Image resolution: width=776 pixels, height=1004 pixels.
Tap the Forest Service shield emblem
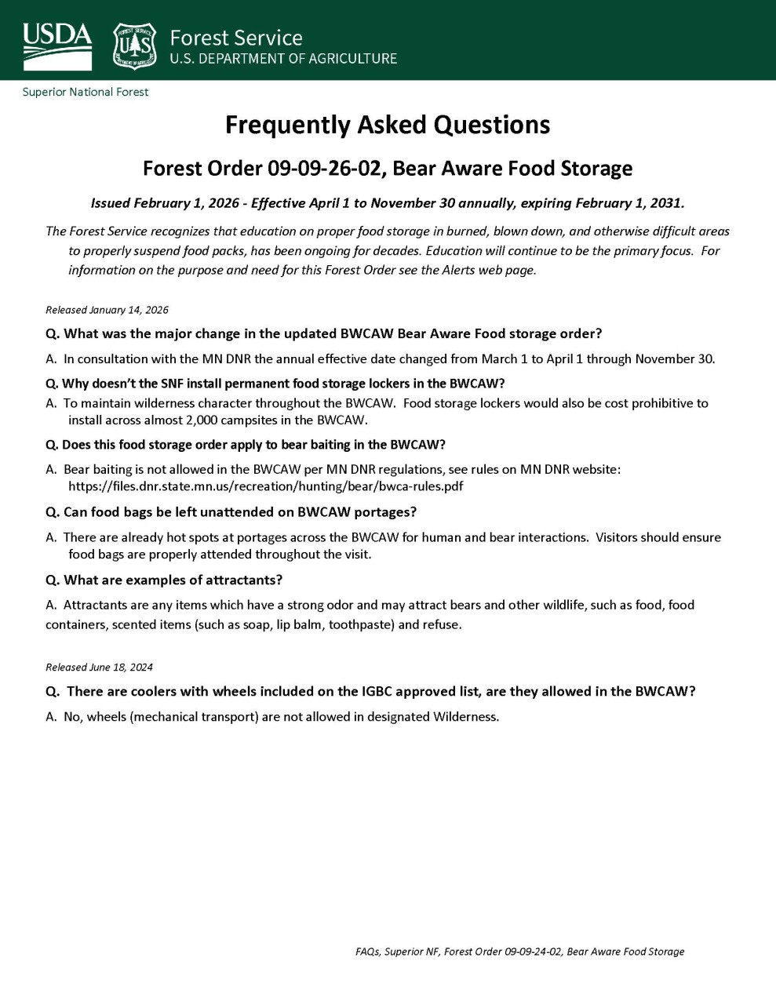tap(135, 45)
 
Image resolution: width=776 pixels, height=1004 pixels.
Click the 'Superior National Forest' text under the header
tap(86, 92)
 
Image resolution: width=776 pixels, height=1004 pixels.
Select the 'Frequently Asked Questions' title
tap(388, 125)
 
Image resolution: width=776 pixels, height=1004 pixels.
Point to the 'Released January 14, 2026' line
tap(107, 310)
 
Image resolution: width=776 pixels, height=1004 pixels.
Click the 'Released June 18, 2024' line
tap(99, 668)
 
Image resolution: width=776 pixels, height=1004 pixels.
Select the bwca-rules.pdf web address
tap(265, 486)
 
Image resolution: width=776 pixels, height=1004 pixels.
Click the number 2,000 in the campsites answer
tap(205, 420)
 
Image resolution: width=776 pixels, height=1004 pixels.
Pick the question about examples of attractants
tap(164, 580)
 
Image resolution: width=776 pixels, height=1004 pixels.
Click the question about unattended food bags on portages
tap(231, 512)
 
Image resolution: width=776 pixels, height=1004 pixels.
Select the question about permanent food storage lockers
tap(275, 384)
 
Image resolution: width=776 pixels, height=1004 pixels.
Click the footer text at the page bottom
tap(519, 951)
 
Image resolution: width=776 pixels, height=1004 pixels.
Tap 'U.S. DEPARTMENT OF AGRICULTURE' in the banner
tap(283, 59)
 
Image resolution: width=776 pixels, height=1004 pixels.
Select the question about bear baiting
tap(246, 445)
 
